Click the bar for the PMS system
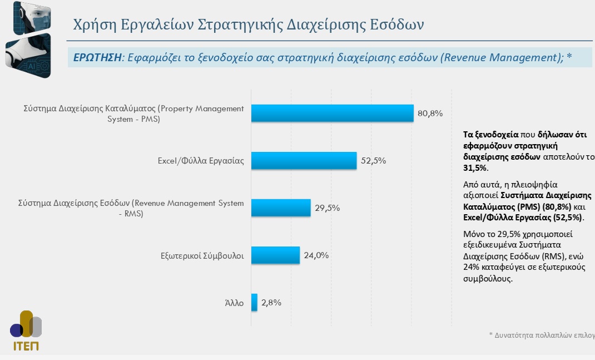pyautogui.click(x=332, y=113)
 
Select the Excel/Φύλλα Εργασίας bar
pyautogui.click(x=304, y=160)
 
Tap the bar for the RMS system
pyautogui.click(x=281, y=208)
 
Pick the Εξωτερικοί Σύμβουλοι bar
pyautogui.click(x=275, y=255)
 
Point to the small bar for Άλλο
pyautogui.click(x=254, y=303)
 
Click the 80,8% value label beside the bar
pyautogui.click(x=430, y=114)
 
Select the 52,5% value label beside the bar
pyautogui.click(x=373, y=161)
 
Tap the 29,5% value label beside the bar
pyautogui.click(x=327, y=208)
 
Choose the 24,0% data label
pyautogui.click(x=316, y=255)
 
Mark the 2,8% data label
pyautogui.click(x=271, y=303)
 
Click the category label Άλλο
pyautogui.click(x=234, y=304)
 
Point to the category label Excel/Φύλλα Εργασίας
pyautogui.click(x=201, y=161)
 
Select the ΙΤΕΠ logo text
pyautogui.click(x=26, y=346)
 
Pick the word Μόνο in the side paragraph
pyautogui.click(x=474, y=233)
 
